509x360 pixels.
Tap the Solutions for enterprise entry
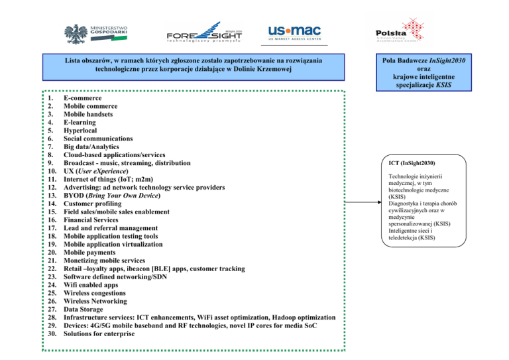pyautogui.click(x=99, y=333)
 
